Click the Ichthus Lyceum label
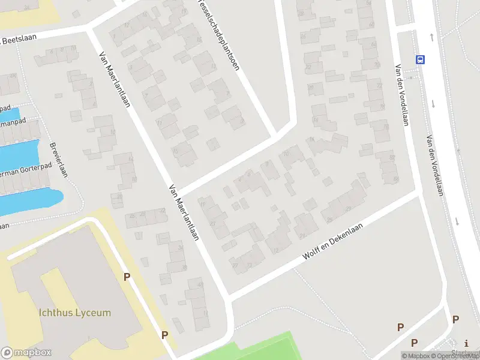click(74, 313)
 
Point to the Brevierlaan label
click(59, 159)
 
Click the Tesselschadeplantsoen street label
click(218, 36)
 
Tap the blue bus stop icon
click(421, 59)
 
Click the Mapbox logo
click(26, 353)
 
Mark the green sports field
click(258, 349)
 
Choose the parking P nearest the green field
click(164, 335)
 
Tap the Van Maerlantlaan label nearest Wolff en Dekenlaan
click(184, 211)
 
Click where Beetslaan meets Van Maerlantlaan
click(90, 28)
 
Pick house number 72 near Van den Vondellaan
click(379, 86)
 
